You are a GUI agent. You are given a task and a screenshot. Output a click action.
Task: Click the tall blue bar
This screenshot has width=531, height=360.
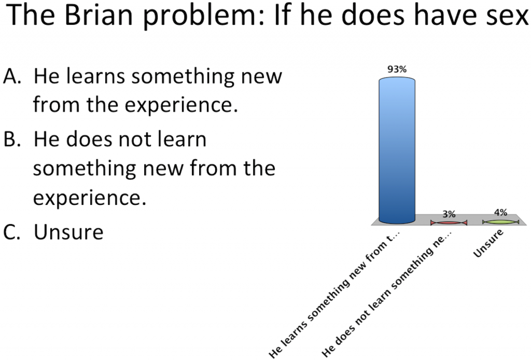click(397, 150)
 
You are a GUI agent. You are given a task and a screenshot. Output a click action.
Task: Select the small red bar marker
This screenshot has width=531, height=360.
click(449, 223)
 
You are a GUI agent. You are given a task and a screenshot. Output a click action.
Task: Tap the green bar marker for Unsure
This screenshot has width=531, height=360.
click(500, 222)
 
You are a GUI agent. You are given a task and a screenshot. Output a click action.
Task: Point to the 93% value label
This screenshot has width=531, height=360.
click(397, 70)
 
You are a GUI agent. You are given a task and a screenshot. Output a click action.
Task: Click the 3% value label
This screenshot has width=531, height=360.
click(449, 214)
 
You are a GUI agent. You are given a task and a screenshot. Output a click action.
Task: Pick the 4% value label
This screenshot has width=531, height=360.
click(500, 212)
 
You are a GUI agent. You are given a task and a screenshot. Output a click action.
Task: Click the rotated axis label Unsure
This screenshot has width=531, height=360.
click(488, 243)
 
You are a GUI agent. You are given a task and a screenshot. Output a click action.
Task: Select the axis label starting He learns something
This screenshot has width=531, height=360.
click(334, 295)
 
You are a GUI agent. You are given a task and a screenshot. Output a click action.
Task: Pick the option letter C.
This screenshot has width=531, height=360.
click(12, 232)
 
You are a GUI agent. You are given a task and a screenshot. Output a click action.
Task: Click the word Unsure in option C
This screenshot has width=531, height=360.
click(68, 232)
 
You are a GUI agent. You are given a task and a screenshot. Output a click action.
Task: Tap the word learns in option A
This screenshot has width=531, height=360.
click(96, 76)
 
